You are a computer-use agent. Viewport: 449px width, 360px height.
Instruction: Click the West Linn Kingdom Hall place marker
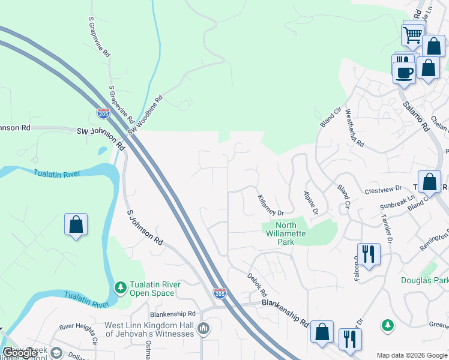[203, 328]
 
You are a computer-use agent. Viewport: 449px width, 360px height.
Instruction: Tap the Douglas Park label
[425, 280]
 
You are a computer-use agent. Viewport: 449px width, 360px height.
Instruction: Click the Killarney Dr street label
[270, 205]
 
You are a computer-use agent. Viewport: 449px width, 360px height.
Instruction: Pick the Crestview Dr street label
[382, 189]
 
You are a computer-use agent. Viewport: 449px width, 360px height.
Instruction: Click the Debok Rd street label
[256, 285]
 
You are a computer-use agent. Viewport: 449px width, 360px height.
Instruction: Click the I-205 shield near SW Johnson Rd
[103, 113]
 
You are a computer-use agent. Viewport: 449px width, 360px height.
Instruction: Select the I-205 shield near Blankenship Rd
[220, 293]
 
